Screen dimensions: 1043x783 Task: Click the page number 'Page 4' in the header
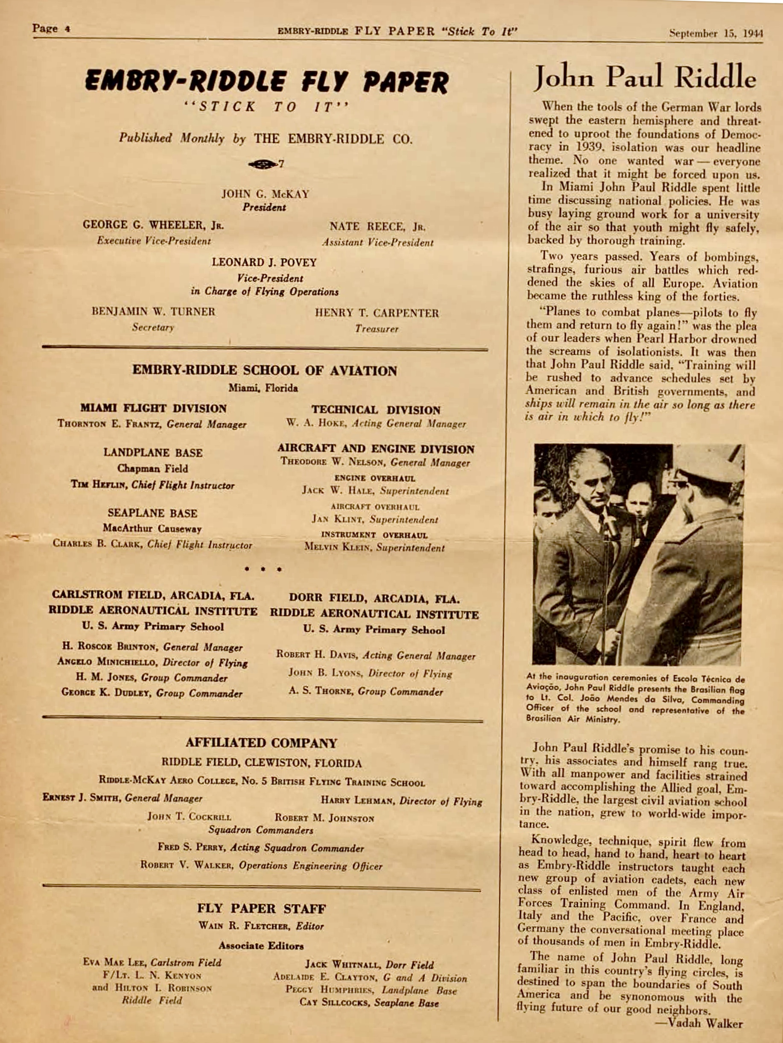click(51, 29)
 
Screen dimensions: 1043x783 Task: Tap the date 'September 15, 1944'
click(716, 33)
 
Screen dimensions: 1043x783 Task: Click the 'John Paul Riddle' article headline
click(645, 77)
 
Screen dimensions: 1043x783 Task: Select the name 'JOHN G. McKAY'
click(266, 194)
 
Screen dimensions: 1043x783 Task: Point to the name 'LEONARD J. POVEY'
click(264, 262)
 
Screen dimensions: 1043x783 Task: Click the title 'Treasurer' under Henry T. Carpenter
click(377, 328)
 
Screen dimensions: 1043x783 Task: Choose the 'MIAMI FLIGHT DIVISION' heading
click(153, 408)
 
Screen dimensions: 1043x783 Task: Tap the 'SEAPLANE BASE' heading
click(152, 513)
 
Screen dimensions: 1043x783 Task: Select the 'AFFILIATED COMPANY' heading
click(261, 743)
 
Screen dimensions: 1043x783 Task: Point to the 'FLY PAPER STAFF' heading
click(261, 908)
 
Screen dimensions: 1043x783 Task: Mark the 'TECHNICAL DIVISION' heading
click(376, 410)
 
